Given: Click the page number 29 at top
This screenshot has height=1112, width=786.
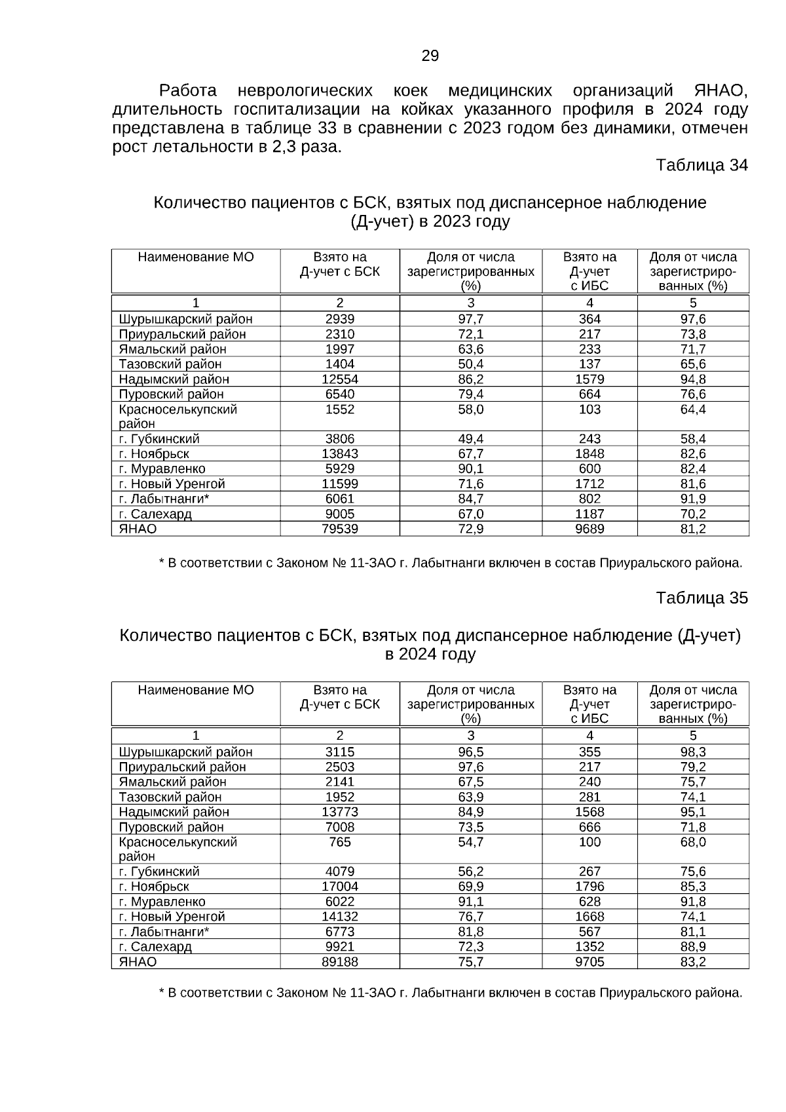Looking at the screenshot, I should [x=430, y=56].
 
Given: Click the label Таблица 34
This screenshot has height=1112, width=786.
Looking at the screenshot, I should [x=702, y=166].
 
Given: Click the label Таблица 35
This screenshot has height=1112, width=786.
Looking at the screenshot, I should [x=702, y=598].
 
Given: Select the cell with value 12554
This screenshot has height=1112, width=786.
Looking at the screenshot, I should [x=339, y=379].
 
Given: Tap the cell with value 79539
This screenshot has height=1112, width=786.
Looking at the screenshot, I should [x=339, y=529].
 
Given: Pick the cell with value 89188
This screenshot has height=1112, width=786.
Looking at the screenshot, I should [x=339, y=962].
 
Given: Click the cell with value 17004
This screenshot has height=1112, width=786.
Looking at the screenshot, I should [x=339, y=887].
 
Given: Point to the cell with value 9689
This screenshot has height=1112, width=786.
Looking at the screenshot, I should [x=589, y=529].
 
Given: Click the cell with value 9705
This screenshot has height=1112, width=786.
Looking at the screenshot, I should [x=589, y=962].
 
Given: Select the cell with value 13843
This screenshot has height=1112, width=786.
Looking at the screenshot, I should [x=339, y=454].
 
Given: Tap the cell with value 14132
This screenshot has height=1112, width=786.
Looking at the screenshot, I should [x=339, y=917].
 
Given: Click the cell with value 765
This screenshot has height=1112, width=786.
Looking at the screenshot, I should [x=339, y=842].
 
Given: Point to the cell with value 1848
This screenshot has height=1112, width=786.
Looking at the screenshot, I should [x=589, y=454].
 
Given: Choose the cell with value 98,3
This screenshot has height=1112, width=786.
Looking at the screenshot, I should [x=693, y=752].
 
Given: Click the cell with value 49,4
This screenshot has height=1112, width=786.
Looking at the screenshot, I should [x=470, y=439].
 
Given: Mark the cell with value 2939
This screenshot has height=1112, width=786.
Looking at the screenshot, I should [x=339, y=319].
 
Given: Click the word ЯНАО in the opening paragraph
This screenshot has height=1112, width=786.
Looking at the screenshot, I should [x=720, y=90].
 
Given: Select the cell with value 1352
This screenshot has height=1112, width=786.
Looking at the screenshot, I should [x=589, y=947].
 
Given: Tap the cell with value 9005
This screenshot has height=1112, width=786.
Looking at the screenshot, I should [x=339, y=514].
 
